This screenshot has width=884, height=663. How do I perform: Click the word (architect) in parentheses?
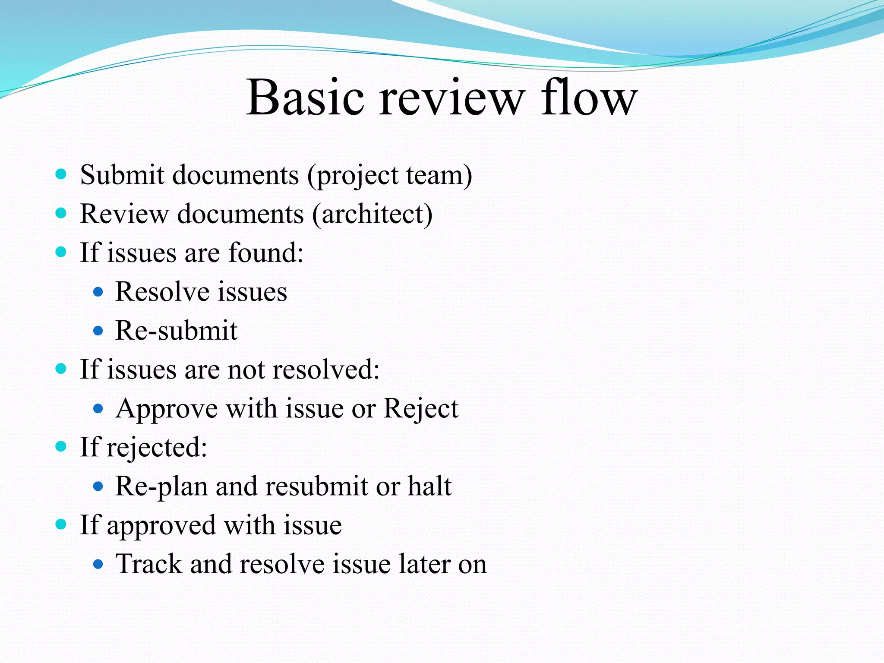pos(372,214)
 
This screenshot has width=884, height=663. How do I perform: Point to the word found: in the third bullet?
pos(265,253)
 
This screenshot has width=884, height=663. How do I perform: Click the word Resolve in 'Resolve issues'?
pos(160,292)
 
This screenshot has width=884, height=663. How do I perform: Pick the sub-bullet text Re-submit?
pos(176,331)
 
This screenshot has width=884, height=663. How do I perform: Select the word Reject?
pos(420,409)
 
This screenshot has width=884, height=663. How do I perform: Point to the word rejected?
pos(157,448)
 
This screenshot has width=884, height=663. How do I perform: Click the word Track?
pos(148,564)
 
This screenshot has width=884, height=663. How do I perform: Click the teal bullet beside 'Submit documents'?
pos(61,174)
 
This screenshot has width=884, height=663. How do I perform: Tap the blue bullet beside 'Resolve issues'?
pos(98,292)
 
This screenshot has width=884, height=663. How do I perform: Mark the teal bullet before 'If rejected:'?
pos(61,446)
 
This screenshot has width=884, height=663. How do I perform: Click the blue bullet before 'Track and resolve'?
pos(98,564)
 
